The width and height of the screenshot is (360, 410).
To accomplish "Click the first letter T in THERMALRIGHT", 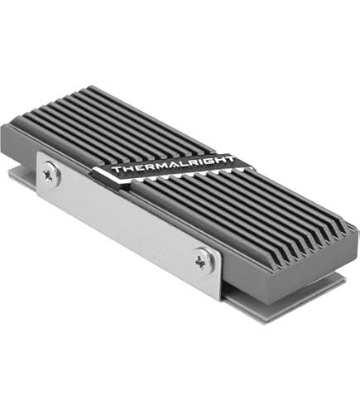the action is click(x=116, y=168).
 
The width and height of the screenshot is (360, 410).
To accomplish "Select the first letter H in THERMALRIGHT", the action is click(x=125, y=167).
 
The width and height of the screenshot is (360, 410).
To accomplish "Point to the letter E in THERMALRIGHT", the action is click(x=134, y=166).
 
